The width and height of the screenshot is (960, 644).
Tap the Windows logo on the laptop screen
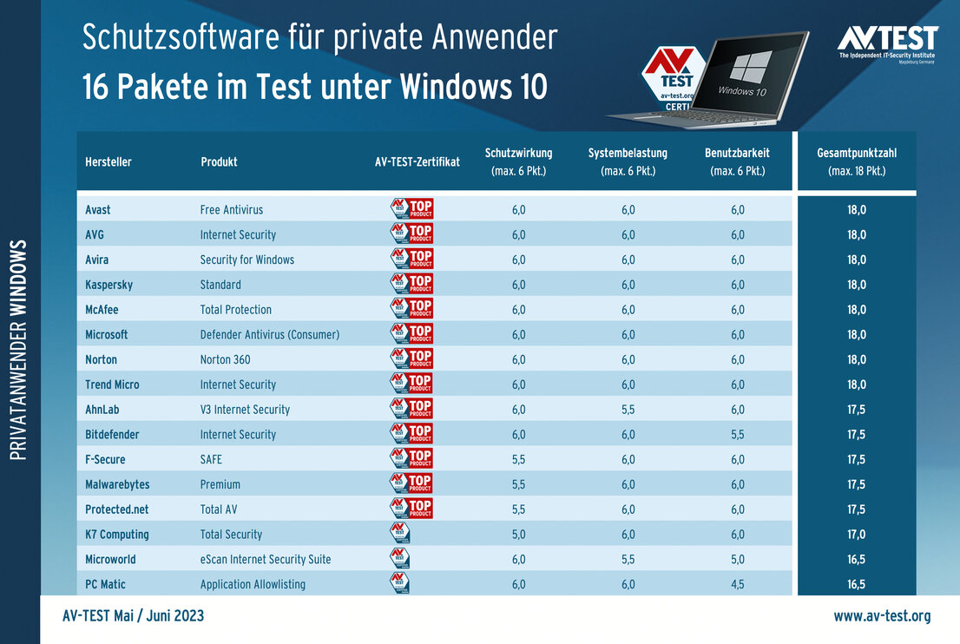coord(751,67)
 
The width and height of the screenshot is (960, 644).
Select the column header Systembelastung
coord(628,161)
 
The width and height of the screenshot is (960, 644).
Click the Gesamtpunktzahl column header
coord(857,161)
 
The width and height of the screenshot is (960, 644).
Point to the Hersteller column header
coord(108,162)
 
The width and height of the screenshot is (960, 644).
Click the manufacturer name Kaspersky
coord(108,285)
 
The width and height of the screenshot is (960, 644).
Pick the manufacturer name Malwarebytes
coord(119,484)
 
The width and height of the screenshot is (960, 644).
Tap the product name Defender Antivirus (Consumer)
coord(270,334)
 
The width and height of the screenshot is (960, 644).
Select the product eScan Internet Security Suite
coord(266,559)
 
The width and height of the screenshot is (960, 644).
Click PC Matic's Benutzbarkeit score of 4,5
coord(738,584)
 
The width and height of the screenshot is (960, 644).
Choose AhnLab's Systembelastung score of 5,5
coord(628,410)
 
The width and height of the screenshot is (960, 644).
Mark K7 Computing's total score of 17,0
coord(857,535)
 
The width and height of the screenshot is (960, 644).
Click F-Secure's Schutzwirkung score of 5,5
coord(519,459)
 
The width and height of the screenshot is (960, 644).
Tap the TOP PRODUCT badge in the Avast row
coord(411,209)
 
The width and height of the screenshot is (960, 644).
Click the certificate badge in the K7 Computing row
coord(399,534)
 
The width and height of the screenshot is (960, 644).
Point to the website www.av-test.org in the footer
coord(882,616)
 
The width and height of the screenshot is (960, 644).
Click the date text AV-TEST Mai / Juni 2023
coord(134,616)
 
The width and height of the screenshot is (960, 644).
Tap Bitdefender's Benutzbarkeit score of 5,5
coord(738,434)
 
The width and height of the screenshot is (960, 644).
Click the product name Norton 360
coord(226,359)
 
